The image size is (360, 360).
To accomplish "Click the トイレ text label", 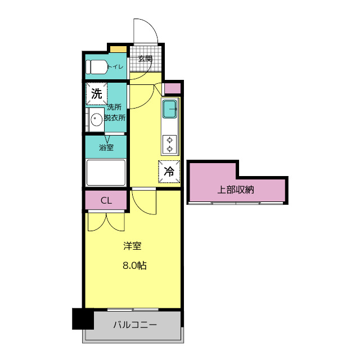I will coord(116,67).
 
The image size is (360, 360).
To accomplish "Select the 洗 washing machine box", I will coord(97,93).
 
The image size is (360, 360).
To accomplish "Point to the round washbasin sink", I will coord(97,119).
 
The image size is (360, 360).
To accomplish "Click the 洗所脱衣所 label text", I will coord(115,112).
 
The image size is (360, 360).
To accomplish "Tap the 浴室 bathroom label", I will coord(106,147).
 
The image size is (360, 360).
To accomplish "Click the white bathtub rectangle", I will coord(106,172).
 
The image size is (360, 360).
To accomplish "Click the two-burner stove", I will coord(170,144).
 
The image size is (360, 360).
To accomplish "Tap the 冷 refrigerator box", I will coord(169,172).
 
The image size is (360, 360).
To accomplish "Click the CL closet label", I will coord(106,200).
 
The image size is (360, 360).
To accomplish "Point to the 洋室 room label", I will coord(132,246).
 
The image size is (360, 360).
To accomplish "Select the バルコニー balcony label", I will coord(135,325).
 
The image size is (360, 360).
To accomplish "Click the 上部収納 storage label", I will coord(236,190).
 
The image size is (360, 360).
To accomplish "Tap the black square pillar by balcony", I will coord(82,319).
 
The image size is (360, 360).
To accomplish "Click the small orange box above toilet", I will coord(118,49).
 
